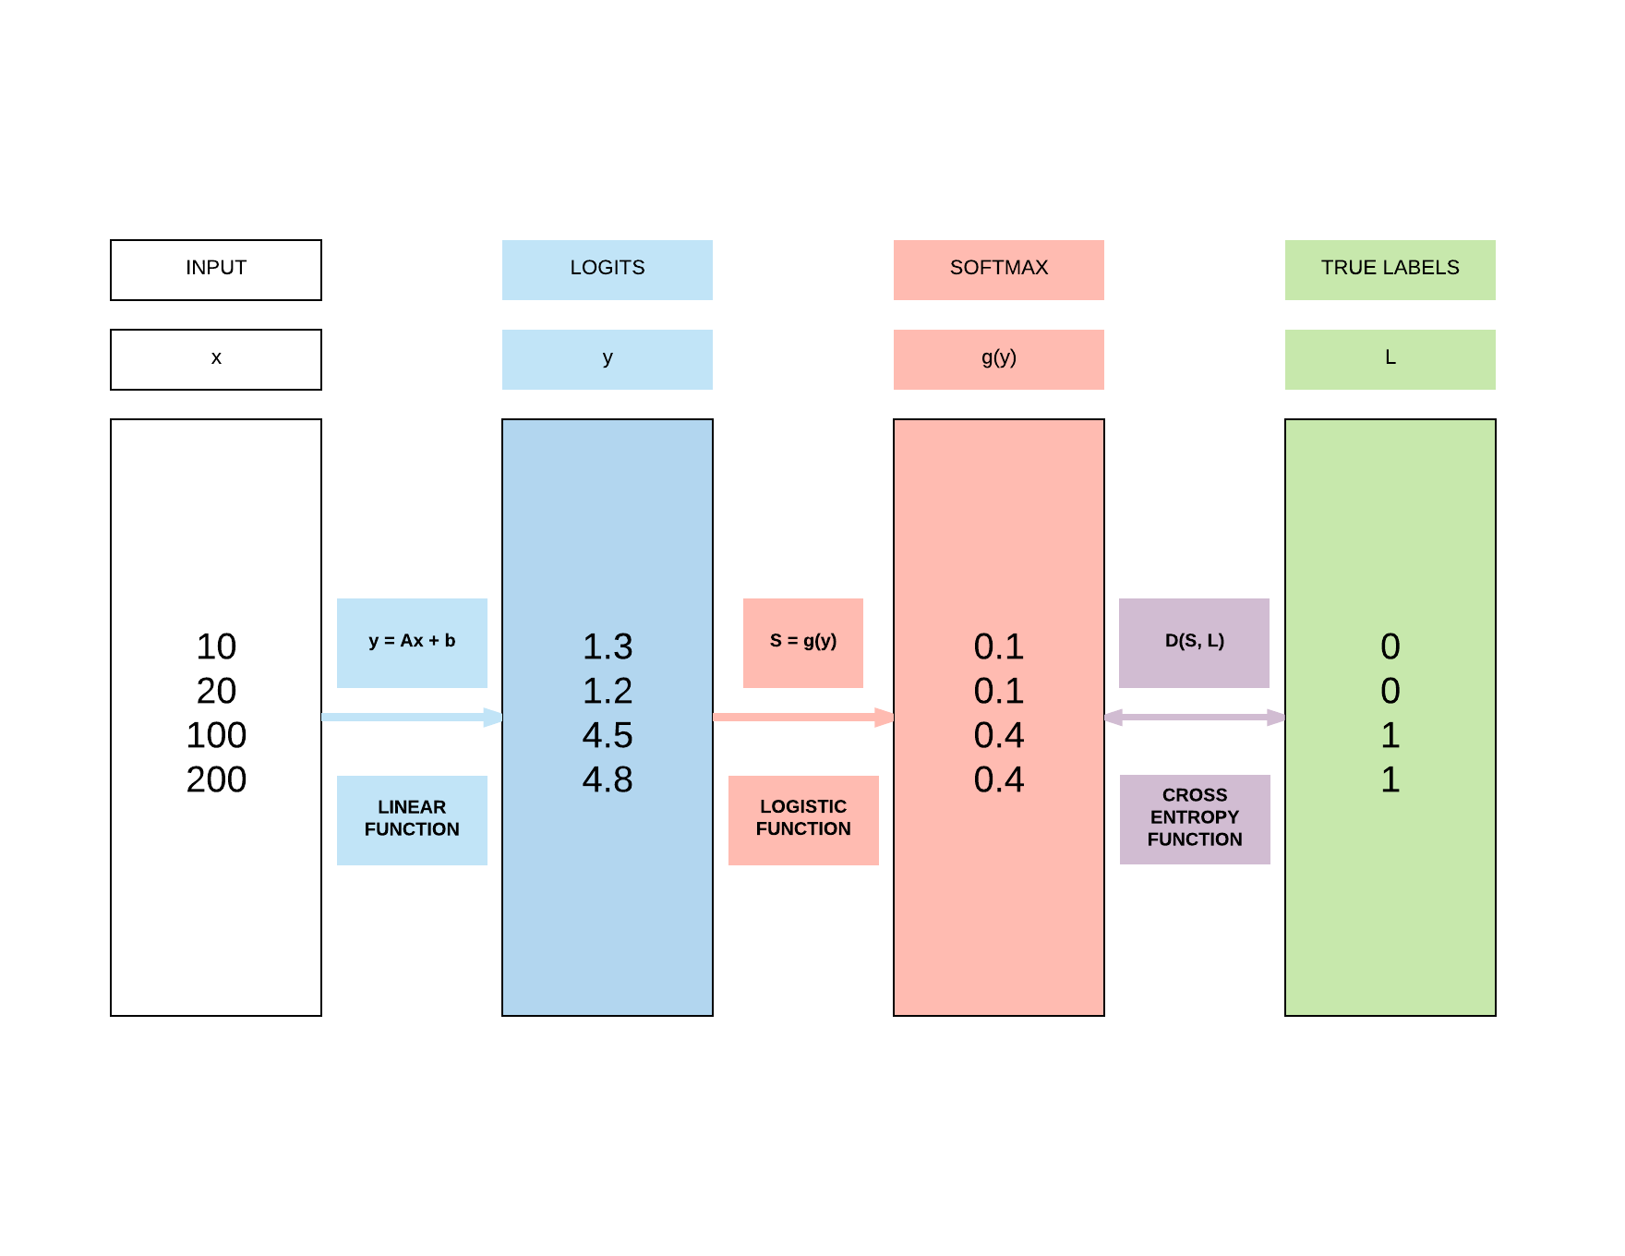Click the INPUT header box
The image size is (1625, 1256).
point(216,270)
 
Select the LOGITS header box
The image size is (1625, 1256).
point(608,270)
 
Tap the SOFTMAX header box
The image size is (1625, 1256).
point(999,270)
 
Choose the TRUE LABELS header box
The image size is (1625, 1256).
point(1390,270)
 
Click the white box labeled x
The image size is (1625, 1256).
point(216,359)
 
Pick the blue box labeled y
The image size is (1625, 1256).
point(608,359)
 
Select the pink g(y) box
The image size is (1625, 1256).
point(999,359)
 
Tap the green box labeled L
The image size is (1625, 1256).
point(1390,359)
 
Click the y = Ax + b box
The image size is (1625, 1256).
point(412,643)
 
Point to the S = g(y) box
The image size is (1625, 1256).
point(803,643)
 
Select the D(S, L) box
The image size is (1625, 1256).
point(1194,643)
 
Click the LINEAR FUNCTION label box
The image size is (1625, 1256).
point(412,820)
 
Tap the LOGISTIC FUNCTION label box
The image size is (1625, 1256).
point(803,820)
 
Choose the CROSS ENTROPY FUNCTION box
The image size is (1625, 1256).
point(1195,819)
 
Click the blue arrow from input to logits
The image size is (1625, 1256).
point(412,717)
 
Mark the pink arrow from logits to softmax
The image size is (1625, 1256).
point(803,717)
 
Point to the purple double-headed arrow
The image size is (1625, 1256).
point(1195,717)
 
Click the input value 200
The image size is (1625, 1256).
point(216,779)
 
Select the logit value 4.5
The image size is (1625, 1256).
point(608,735)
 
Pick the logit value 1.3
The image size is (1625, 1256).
point(608,646)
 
